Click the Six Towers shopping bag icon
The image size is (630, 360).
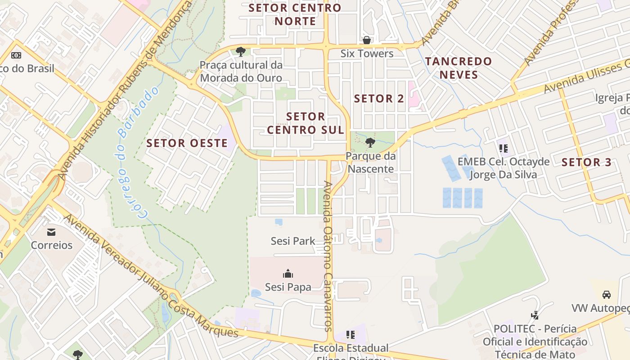(367, 40)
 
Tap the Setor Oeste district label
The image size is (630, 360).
(187, 144)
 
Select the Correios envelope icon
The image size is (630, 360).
(51, 232)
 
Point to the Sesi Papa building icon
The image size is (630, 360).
(288, 274)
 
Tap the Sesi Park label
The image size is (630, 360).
(293, 241)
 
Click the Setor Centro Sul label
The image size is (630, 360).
(306, 123)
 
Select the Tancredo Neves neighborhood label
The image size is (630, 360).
(459, 68)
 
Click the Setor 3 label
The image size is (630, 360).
(587, 162)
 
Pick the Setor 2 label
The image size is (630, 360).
(379, 99)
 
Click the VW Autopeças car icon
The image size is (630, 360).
(606, 295)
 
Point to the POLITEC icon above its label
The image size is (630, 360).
(535, 315)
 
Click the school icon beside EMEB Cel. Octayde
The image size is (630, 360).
(503, 148)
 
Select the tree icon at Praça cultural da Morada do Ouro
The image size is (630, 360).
(241, 51)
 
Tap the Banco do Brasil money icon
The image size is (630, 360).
(16, 55)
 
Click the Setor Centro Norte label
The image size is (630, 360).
(295, 14)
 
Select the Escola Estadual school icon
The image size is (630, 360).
(351, 335)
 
